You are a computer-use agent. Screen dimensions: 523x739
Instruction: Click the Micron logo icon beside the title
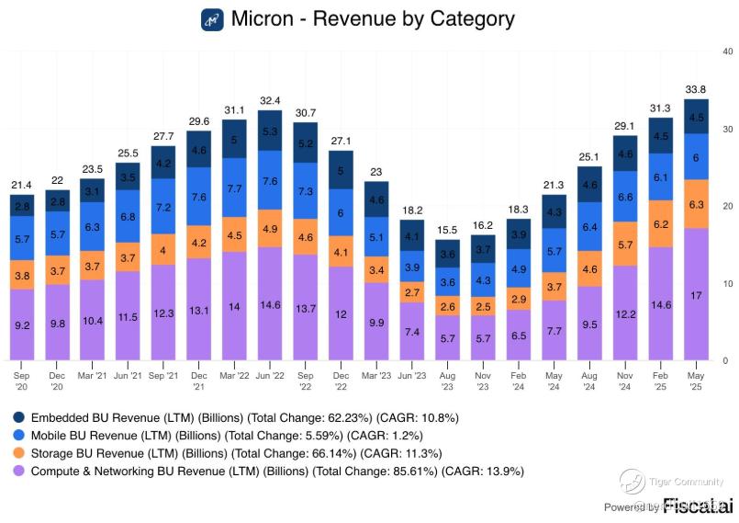tap(212, 19)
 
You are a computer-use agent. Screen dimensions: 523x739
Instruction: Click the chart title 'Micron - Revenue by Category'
tap(373, 19)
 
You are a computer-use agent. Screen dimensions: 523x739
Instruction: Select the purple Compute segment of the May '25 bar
tap(696, 294)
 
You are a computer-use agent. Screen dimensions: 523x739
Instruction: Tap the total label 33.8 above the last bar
tap(696, 90)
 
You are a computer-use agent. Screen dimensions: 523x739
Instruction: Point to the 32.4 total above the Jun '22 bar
tap(269, 100)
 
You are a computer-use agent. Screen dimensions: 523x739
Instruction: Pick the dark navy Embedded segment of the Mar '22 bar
tap(234, 140)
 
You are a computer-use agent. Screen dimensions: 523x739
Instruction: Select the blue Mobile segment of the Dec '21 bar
tap(198, 197)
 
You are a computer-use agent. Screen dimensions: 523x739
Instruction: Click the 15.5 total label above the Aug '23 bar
tap(447, 230)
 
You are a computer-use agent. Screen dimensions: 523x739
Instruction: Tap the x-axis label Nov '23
tap(482, 380)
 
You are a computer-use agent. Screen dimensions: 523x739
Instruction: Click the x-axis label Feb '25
tap(660, 380)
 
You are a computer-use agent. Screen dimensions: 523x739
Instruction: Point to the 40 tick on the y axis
tap(726, 51)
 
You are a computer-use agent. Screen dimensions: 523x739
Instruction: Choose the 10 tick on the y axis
tap(726, 283)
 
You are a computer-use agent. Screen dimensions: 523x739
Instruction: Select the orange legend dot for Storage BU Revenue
tap(17, 453)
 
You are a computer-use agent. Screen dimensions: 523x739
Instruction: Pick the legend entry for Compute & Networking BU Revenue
tap(275, 471)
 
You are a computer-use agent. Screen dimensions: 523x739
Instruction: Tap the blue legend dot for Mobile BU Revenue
tap(17, 436)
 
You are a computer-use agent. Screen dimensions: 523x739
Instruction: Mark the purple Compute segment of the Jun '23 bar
tap(411, 331)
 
